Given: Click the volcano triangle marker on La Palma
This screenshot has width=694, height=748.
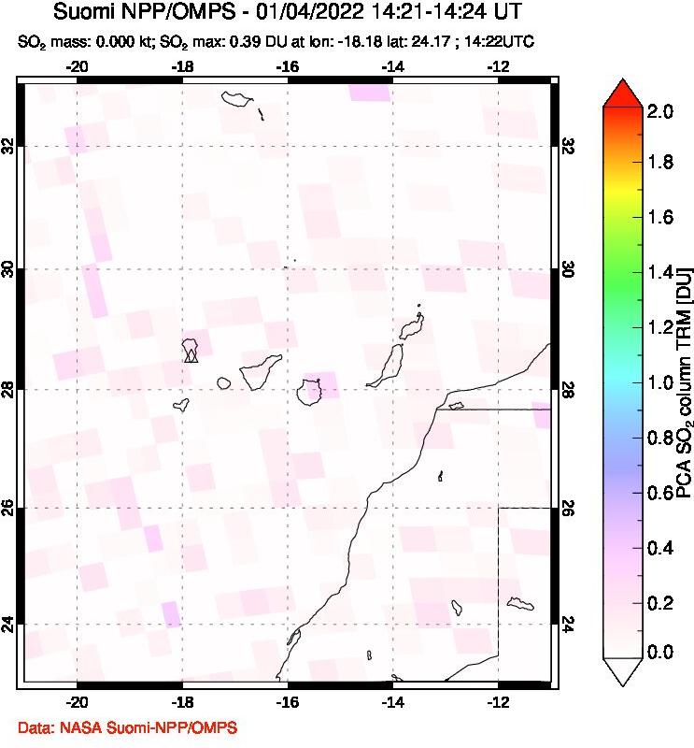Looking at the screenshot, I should (191, 355).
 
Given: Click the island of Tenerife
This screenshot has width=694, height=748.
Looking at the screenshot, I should (261, 371).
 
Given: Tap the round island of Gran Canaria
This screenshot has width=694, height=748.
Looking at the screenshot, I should (311, 392).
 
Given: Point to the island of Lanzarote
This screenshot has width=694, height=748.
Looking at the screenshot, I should (410, 327).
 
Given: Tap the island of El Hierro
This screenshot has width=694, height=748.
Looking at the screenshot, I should (181, 405).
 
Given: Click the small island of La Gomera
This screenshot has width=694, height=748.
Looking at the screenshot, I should (224, 382).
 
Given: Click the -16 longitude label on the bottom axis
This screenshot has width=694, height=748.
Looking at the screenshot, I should (288, 702).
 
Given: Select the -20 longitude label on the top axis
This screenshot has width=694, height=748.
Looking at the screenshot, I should (78, 66).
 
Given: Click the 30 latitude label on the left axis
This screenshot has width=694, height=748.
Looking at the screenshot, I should (8, 269).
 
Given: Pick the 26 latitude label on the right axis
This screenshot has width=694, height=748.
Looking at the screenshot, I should (569, 508).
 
